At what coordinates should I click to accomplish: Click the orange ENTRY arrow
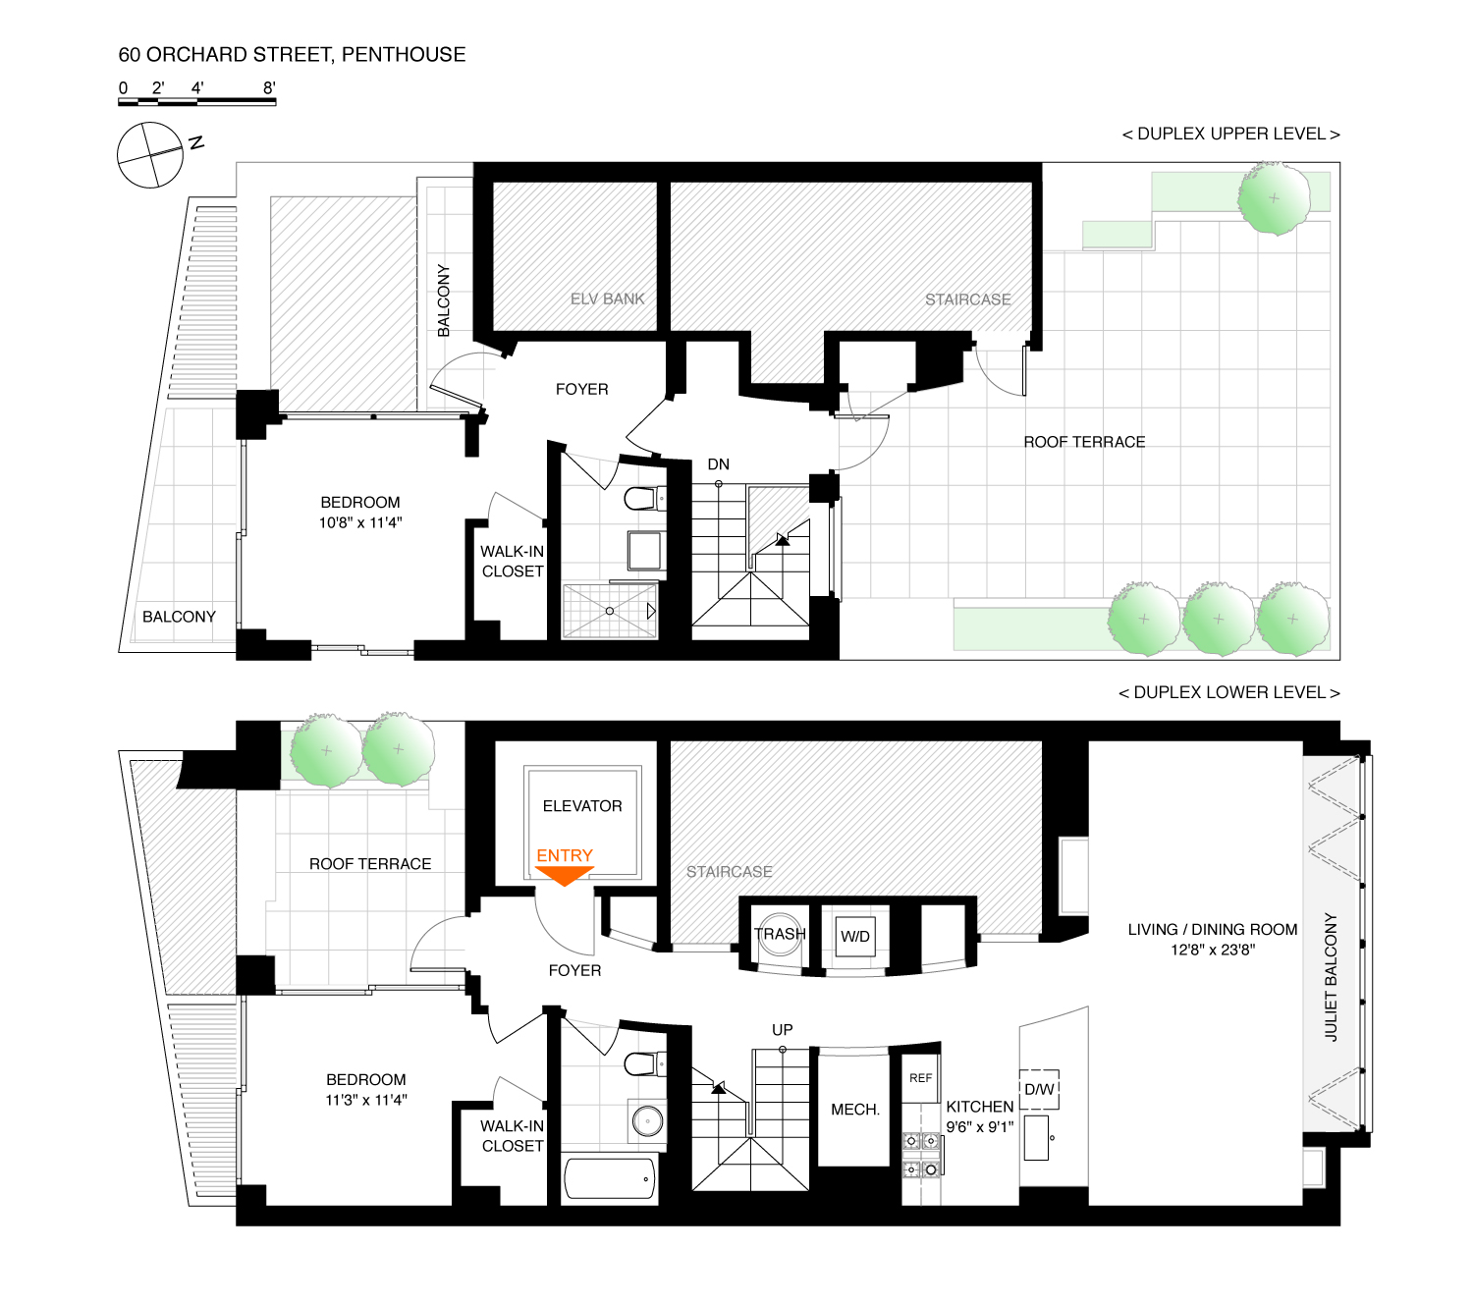tap(565, 875)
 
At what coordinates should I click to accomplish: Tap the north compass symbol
tap(150, 155)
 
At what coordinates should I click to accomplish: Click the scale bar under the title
tap(197, 100)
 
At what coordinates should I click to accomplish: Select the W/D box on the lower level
tap(854, 936)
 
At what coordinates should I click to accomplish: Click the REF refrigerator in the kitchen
tap(920, 1078)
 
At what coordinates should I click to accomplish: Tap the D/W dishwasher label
tap(1039, 1089)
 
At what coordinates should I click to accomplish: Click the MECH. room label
tap(855, 1110)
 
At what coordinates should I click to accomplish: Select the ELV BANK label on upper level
tap(608, 299)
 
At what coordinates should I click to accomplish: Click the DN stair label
tap(719, 464)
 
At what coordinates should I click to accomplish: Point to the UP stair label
tap(782, 1030)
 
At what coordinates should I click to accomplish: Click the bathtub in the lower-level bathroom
tap(610, 1178)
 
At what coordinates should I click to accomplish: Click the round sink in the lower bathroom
tap(647, 1120)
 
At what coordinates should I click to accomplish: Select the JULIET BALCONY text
tap(1332, 977)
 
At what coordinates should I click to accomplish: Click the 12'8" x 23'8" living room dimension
tap(1213, 950)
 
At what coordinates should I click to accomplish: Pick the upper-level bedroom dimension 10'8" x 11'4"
tap(360, 522)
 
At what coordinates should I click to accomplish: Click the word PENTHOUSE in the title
tap(404, 55)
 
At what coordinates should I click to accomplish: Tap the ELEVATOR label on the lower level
tap(582, 806)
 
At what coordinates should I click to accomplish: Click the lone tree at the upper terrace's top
tap(1274, 198)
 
